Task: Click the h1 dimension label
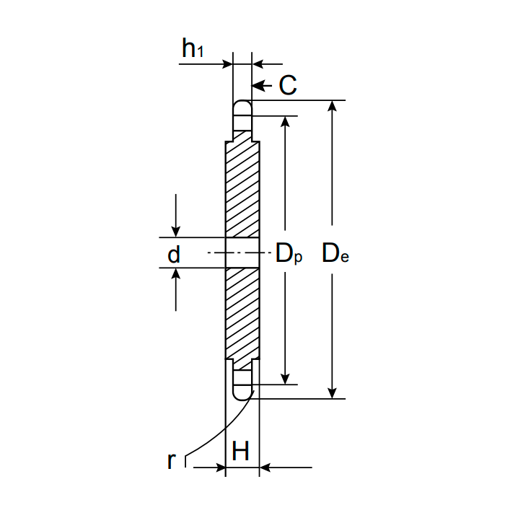193,49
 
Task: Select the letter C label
287,85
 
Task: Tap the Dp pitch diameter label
289,253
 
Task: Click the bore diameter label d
173,254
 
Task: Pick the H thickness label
241,452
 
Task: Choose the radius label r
171,460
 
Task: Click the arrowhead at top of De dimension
332,106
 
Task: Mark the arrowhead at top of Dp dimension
286,121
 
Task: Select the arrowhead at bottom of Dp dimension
286,378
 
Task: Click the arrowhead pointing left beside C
255,85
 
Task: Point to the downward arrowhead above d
175,231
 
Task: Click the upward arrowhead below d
175,273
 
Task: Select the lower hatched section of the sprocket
242,315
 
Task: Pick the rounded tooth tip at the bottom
242,390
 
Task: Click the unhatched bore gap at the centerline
242,252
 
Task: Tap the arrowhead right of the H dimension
265,467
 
